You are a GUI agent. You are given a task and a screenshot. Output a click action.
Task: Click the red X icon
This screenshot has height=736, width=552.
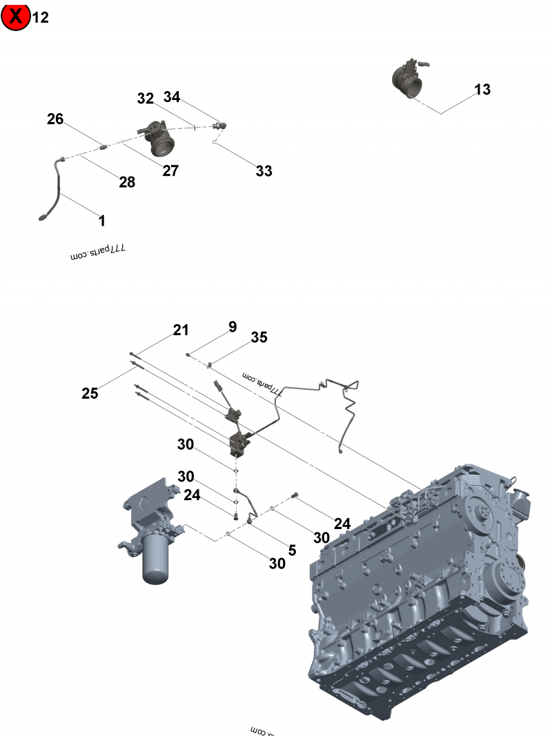[16, 17]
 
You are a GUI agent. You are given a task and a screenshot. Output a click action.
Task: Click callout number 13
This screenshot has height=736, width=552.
[482, 89]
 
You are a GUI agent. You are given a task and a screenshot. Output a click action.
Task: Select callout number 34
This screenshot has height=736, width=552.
[172, 97]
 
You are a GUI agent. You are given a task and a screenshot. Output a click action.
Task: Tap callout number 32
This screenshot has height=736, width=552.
[145, 99]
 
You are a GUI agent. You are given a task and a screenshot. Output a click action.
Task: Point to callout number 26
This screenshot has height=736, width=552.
[55, 119]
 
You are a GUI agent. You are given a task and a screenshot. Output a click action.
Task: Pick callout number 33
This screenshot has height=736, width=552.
[264, 171]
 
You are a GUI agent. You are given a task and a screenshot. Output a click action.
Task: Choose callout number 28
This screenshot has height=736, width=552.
[126, 182]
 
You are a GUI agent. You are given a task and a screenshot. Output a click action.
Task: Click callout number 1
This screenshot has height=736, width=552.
[102, 221]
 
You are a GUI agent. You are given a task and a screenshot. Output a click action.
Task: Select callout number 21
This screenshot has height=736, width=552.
[181, 330]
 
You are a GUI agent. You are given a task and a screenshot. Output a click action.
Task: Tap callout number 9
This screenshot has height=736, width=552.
[233, 326]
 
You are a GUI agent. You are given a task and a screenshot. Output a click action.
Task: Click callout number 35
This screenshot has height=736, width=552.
[259, 337]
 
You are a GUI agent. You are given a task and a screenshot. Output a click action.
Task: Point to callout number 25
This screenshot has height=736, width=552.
[90, 394]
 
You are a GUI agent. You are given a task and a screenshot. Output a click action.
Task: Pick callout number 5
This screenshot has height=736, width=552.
[292, 550]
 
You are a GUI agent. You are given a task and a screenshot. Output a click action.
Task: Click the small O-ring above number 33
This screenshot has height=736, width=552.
[216, 144]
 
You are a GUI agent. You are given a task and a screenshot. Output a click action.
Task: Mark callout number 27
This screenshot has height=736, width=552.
[170, 170]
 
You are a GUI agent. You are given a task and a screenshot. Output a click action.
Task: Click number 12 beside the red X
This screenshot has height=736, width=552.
[41, 17]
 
